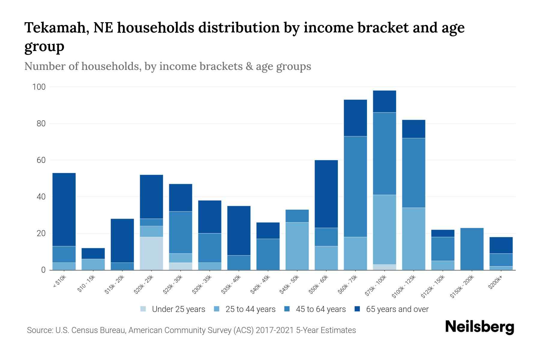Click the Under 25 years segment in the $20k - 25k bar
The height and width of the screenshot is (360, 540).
click(x=151, y=253)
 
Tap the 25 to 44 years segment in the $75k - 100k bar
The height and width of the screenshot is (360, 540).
click(x=384, y=229)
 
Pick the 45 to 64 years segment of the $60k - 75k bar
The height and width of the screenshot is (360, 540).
click(x=355, y=187)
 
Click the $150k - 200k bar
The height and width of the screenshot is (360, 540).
click(x=472, y=249)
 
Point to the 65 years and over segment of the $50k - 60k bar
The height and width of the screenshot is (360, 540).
click(x=326, y=194)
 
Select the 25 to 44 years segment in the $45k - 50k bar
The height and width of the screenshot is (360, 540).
click(x=297, y=246)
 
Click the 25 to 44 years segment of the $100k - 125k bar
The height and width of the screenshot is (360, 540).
click(x=413, y=239)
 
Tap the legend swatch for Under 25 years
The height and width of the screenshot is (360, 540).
click(x=143, y=309)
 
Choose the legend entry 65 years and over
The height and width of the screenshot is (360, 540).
click(x=397, y=309)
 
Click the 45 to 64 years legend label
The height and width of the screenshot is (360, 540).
click(x=320, y=309)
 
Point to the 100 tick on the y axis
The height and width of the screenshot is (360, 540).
click(x=39, y=87)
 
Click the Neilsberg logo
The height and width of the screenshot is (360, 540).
click(x=479, y=327)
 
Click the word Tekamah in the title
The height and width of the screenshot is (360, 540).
click(x=56, y=28)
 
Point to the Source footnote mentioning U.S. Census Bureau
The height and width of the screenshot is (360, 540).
click(x=191, y=330)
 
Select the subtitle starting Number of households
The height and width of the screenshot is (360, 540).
click(x=167, y=66)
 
